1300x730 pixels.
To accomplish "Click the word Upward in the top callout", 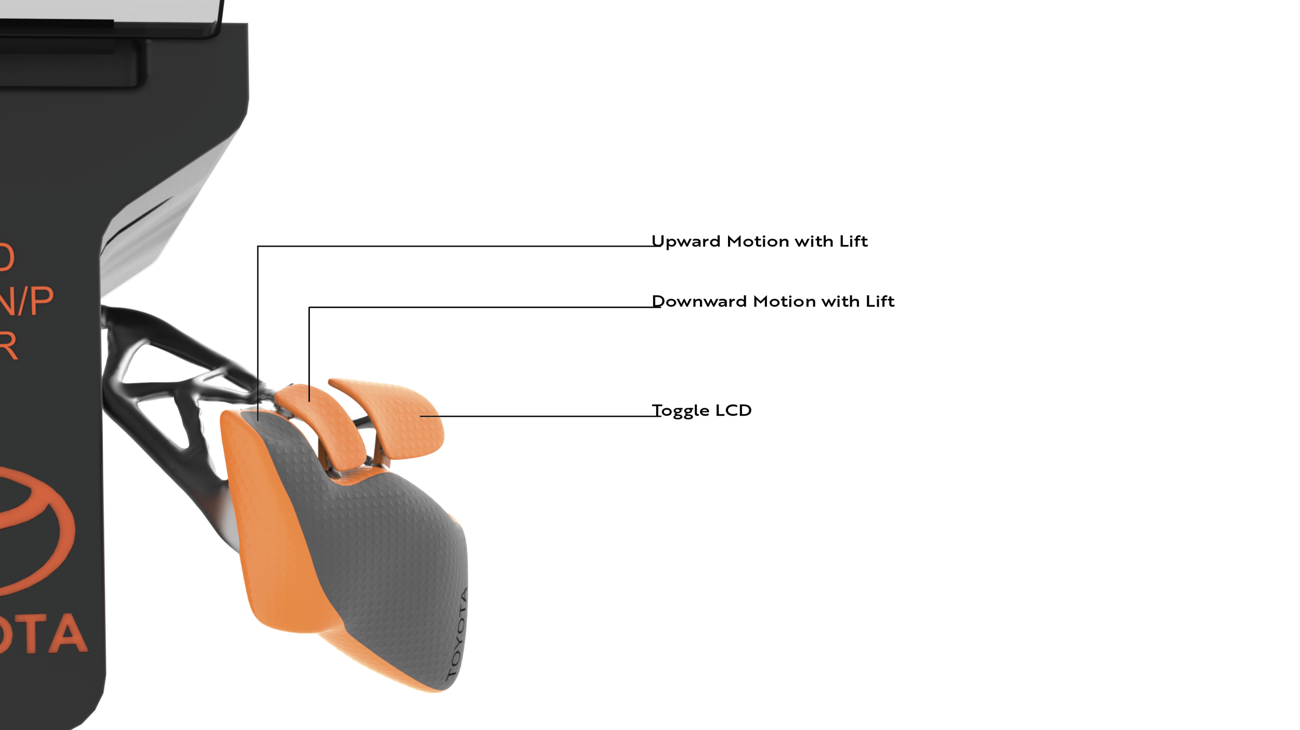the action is pos(685,242).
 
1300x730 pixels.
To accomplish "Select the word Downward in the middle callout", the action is pos(699,302).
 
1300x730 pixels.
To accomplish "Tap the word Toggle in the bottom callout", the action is pos(681,411).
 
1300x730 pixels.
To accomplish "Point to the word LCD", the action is pos(733,410).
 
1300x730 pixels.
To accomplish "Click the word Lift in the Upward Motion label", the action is pos(853,241).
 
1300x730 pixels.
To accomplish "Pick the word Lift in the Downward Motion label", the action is pos(880,302).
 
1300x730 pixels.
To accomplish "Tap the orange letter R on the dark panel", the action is pos(8,346).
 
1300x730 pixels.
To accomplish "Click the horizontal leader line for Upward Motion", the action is pos(458,246).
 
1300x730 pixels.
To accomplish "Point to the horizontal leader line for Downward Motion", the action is pos(484,307).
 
